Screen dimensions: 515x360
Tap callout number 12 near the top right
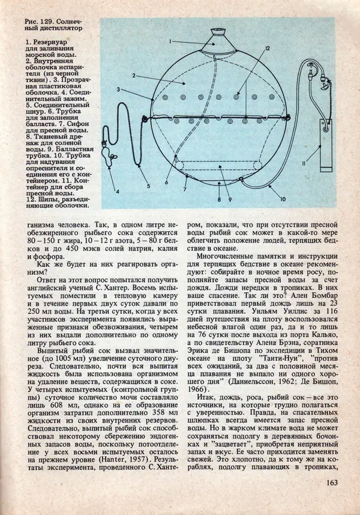(268, 47)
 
